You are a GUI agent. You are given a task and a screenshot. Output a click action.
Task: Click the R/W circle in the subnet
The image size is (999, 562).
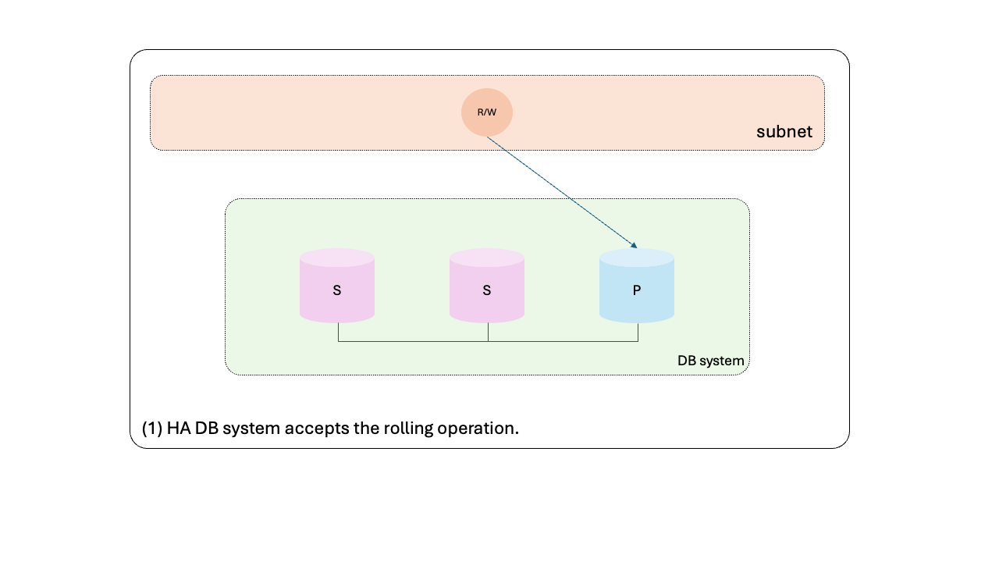click(x=486, y=112)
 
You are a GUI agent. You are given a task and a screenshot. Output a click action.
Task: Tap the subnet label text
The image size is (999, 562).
click(x=784, y=132)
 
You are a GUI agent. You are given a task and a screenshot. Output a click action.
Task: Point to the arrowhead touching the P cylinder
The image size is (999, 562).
click(x=634, y=244)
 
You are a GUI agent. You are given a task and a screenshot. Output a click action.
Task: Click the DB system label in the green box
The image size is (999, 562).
click(x=710, y=361)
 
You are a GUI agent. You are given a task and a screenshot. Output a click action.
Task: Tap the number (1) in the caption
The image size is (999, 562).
click(x=152, y=429)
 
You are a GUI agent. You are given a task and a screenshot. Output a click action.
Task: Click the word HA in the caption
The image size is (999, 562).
click(x=179, y=429)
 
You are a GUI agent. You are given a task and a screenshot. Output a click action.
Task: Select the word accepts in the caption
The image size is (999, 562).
click(x=317, y=429)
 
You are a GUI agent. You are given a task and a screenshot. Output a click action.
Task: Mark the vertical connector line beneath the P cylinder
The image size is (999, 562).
click(x=638, y=332)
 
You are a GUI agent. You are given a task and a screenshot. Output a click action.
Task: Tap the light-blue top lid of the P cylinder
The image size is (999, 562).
click(x=636, y=258)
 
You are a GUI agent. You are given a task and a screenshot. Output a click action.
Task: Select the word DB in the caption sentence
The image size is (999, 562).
click(x=207, y=429)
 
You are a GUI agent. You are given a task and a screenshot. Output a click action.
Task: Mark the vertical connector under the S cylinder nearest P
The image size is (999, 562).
click(x=488, y=332)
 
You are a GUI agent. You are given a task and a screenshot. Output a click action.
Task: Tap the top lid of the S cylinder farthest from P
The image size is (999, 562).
click(x=336, y=258)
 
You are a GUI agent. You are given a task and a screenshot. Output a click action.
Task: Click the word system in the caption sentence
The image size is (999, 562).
click(x=251, y=429)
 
